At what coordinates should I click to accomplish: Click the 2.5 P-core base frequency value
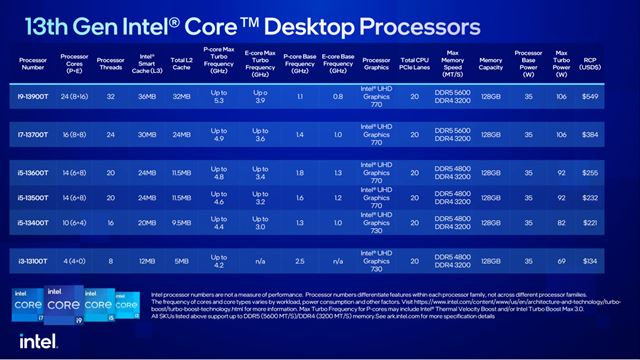click(297, 263)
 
